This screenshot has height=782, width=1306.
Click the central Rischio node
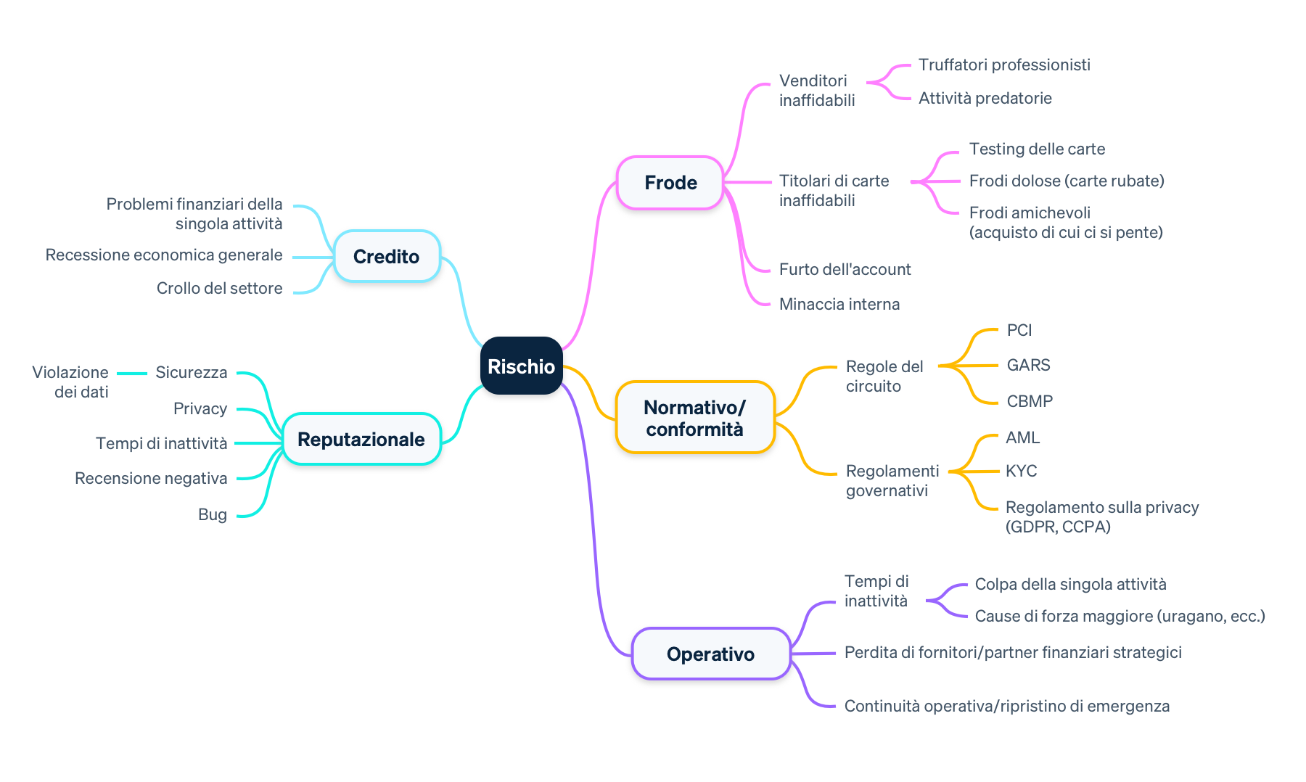(x=521, y=366)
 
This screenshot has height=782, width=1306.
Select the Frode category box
(x=670, y=183)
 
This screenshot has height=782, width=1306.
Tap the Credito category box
(x=386, y=257)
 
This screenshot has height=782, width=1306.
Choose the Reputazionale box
(x=361, y=440)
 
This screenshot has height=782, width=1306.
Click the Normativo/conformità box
(x=694, y=419)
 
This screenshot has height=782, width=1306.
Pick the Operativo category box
(x=710, y=654)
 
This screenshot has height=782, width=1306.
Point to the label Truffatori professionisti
(x=1004, y=65)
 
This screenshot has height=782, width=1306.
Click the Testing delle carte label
(x=1037, y=149)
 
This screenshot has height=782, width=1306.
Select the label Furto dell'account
(x=845, y=270)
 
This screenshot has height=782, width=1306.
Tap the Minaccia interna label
(x=839, y=305)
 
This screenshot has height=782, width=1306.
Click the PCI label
(x=1019, y=331)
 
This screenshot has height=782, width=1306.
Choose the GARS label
(x=1028, y=366)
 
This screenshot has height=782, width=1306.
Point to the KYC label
(x=1021, y=472)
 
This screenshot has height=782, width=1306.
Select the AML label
(x=1022, y=438)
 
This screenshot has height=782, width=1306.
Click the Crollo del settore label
(x=219, y=289)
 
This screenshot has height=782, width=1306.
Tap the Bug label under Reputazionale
(x=213, y=515)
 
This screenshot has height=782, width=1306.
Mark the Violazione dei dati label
(x=71, y=382)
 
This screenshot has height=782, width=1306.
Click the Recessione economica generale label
(x=164, y=255)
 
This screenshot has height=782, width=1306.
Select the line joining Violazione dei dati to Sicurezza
(x=131, y=374)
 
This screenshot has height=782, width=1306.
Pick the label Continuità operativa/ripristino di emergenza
(x=1006, y=707)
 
